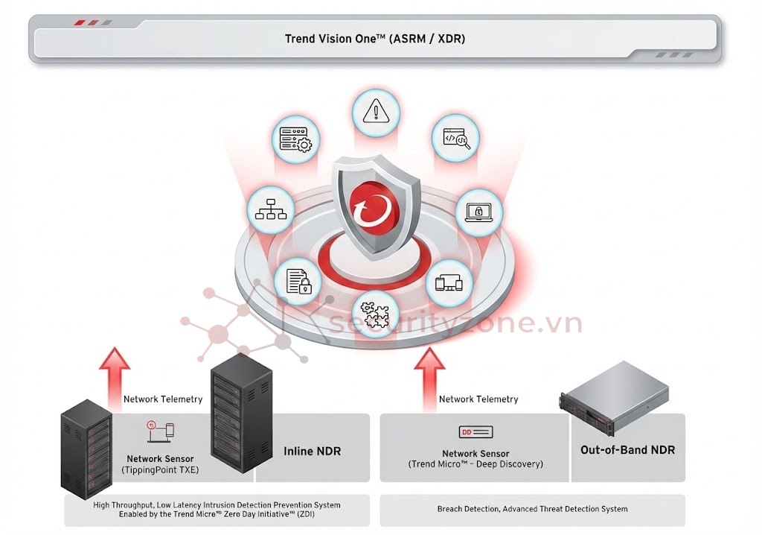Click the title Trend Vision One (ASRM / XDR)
[375, 39]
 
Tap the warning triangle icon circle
[376, 113]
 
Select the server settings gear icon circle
[297, 139]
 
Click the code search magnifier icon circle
[455, 138]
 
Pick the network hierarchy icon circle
[270, 209]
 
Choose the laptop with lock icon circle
[478, 212]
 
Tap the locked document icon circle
[298, 282]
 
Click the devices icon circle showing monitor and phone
[449, 282]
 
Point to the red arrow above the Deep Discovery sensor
[429, 377]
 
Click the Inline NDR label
[312, 451]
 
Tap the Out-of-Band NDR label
[627, 449]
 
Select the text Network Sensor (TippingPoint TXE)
[160, 464]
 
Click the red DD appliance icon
[476, 432]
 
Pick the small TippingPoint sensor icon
[160, 431]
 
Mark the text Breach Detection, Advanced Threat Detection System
[532, 509]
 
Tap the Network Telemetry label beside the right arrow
[478, 399]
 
